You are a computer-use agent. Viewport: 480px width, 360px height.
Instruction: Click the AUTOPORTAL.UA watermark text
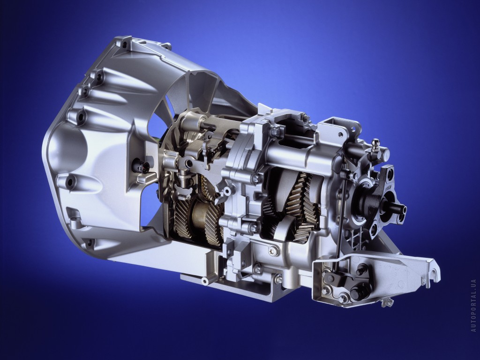473,305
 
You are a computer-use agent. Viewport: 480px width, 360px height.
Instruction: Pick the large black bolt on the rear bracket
357,292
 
